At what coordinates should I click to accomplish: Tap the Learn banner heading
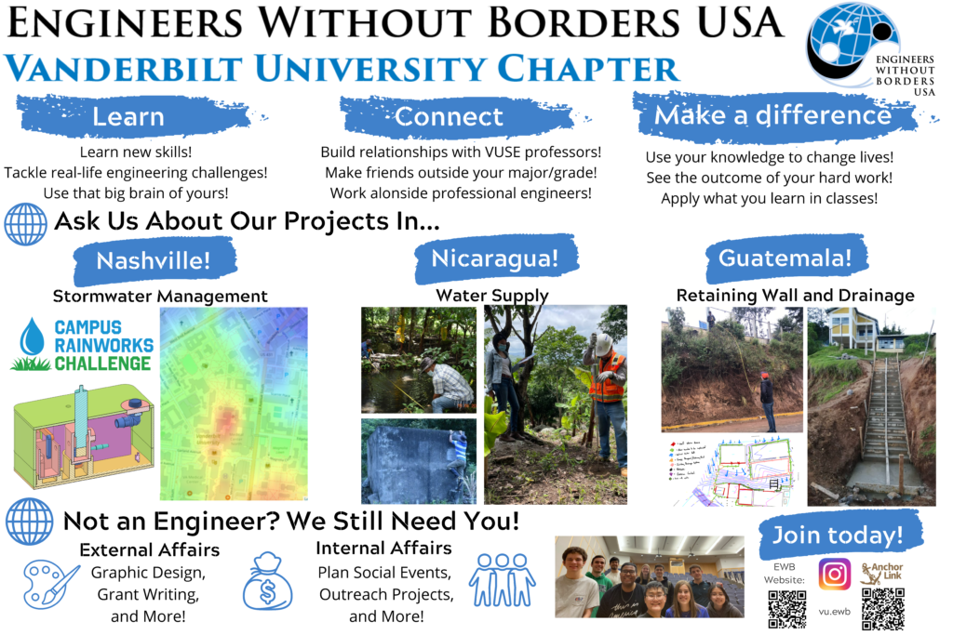pyautogui.click(x=128, y=117)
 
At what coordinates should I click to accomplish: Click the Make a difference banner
pyautogui.click(x=772, y=115)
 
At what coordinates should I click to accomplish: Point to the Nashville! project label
pyautogui.click(x=153, y=260)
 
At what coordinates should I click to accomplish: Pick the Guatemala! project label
pyautogui.click(x=785, y=258)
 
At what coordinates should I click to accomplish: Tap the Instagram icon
pyautogui.click(x=835, y=575)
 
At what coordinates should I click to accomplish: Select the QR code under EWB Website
pyautogui.click(x=786, y=608)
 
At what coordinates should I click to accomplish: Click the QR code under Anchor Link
pyautogui.click(x=882, y=608)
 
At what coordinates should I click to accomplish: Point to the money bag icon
pyautogui.click(x=267, y=581)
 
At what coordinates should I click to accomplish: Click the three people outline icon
pyautogui.click(x=502, y=580)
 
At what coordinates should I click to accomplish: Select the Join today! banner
pyautogui.click(x=837, y=535)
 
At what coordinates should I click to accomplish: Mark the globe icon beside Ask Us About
pyautogui.click(x=26, y=223)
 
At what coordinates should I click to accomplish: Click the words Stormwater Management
pyautogui.click(x=160, y=297)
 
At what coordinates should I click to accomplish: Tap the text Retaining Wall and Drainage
pyautogui.click(x=795, y=296)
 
